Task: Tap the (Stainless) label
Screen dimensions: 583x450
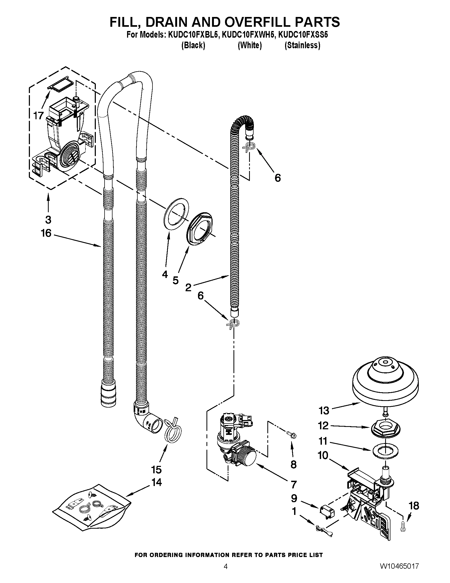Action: pyautogui.click(x=302, y=45)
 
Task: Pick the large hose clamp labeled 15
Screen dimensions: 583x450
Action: pyautogui.click(x=172, y=430)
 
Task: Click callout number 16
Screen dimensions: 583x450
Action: pyautogui.click(x=46, y=233)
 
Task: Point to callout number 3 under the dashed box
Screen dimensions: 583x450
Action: pyautogui.click(x=48, y=220)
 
